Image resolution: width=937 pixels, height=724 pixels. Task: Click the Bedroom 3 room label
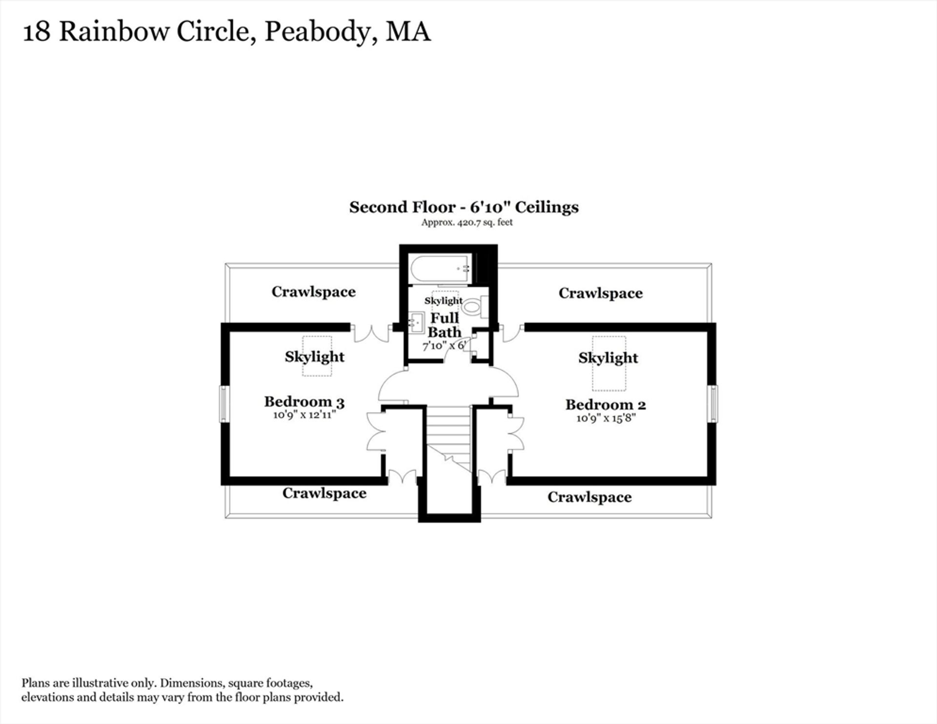pyautogui.click(x=305, y=402)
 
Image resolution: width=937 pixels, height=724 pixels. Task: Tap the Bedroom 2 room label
pyautogui.click(x=606, y=405)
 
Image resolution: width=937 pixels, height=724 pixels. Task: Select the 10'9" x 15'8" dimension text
pyautogui.click(x=606, y=418)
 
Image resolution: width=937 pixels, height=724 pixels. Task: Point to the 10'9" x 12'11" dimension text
pyautogui.click(x=305, y=415)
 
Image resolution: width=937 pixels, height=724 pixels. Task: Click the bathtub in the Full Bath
pyautogui.click(x=441, y=269)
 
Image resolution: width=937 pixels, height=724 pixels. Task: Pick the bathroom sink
pyautogui.click(x=416, y=323)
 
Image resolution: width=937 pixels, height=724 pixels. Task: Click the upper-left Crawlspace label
pyautogui.click(x=313, y=292)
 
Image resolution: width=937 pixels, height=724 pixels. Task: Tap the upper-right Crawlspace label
pyautogui.click(x=600, y=293)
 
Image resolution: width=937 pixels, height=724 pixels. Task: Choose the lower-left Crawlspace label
pyautogui.click(x=324, y=494)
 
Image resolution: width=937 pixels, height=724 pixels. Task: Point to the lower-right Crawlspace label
pyautogui.click(x=590, y=497)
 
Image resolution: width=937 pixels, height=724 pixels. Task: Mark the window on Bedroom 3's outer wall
pyautogui.click(x=224, y=404)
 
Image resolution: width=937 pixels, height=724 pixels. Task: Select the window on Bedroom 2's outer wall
pyautogui.click(x=713, y=404)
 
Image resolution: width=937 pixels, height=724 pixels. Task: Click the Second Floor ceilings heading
pyautogui.click(x=464, y=207)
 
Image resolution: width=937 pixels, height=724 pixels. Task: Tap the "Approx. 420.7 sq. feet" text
pyautogui.click(x=467, y=223)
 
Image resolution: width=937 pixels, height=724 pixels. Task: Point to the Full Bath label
pyautogui.click(x=445, y=325)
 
